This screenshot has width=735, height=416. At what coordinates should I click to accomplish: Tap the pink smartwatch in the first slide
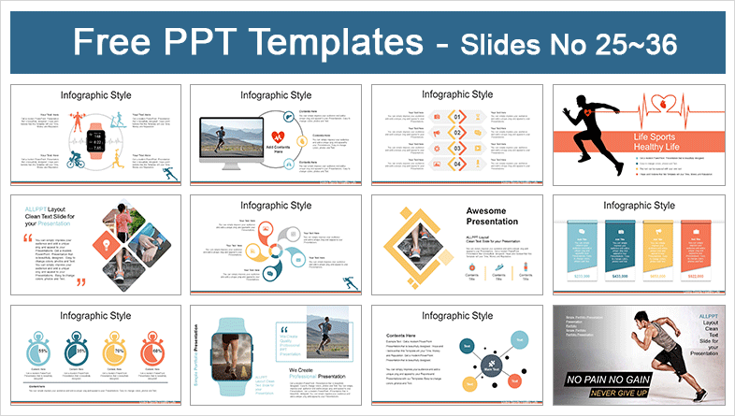pyautogui.click(x=94, y=141)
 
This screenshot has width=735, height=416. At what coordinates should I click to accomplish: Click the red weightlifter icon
pyautogui.click(x=74, y=121)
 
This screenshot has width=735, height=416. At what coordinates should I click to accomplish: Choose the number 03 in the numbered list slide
pyautogui.click(x=459, y=149)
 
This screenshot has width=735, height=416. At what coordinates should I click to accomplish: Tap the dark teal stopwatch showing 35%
pyautogui.click(x=81, y=350)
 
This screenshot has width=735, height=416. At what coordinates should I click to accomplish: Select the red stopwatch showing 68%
pyautogui.click(x=153, y=350)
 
